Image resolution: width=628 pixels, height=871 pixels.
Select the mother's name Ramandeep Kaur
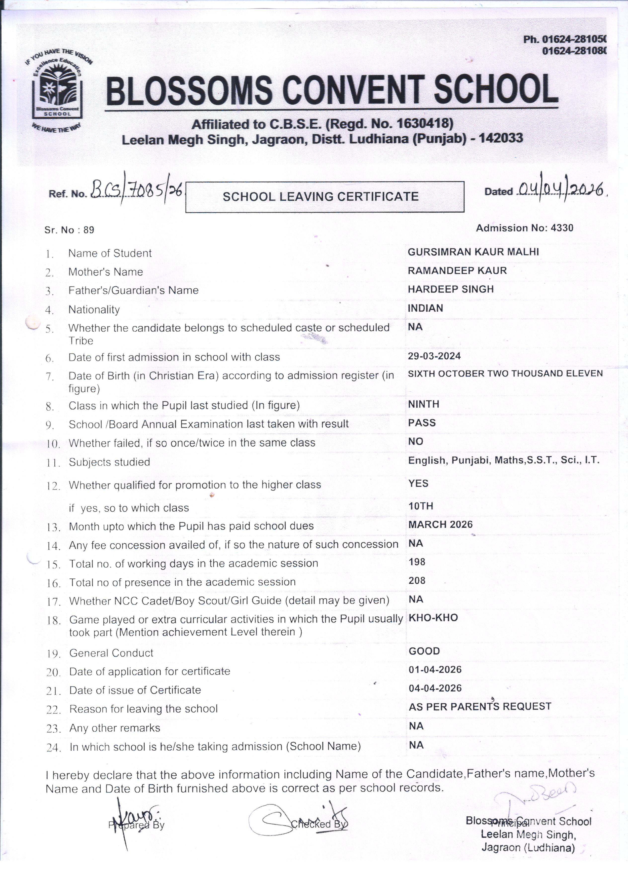click(x=457, y=271)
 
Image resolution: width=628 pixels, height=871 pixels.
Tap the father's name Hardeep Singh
click(x=451, y=289)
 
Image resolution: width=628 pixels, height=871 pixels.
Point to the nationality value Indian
click(x=425, y=308)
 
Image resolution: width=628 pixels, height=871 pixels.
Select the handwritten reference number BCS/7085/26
click(x=137, y=190)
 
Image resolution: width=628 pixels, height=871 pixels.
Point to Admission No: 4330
click(x=524, y=228)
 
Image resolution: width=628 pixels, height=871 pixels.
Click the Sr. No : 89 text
click(x=69, y=230)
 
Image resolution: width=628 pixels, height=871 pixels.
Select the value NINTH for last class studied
click(x=424, y=404)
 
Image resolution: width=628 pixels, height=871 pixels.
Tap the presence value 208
click(x=417, y=581)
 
